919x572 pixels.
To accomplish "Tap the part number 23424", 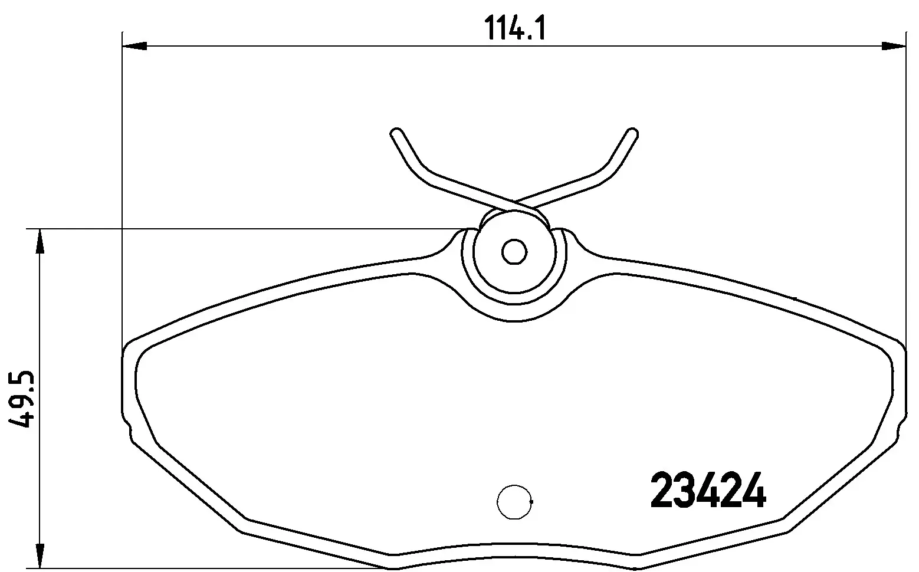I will point(707,489).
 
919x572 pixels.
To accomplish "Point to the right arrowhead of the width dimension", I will point(893,45).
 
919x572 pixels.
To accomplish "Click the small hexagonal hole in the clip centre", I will point(514,252).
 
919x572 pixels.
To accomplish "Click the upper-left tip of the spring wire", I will point(396,133).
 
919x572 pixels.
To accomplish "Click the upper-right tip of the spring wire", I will point(632,133).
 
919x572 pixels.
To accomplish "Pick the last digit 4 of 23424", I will point(753,489).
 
